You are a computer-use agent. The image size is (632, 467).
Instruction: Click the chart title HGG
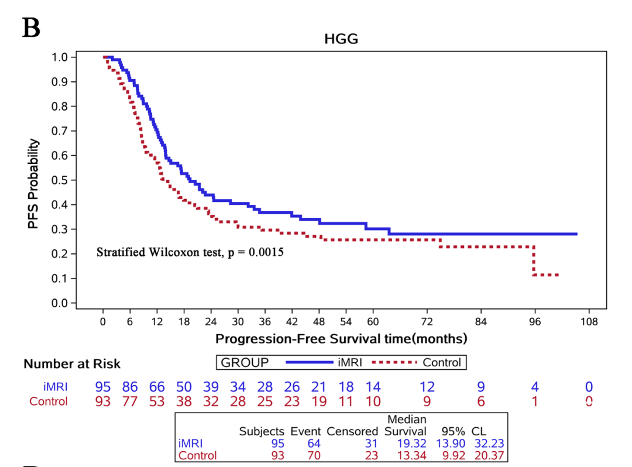pos(341,39)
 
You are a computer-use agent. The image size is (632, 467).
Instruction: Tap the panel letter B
pos(31,28)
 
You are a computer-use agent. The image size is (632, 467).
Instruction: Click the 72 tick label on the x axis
pos(427,322)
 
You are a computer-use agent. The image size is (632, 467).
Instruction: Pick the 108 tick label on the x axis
pos(589,322)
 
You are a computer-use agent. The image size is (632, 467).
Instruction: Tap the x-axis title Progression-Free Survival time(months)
pos(341,339)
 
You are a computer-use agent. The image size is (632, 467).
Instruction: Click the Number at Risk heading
pos(72,364)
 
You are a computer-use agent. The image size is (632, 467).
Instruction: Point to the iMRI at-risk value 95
pos(103,387)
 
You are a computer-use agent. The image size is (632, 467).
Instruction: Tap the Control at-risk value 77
pos(130,401)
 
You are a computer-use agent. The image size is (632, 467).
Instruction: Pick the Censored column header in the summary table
pos(352,432)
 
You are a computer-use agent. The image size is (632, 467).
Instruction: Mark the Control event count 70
pos(314,456)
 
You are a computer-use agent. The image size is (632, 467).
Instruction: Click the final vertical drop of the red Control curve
pos(534,261)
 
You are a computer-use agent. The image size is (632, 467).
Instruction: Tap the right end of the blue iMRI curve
pos(576,234)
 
